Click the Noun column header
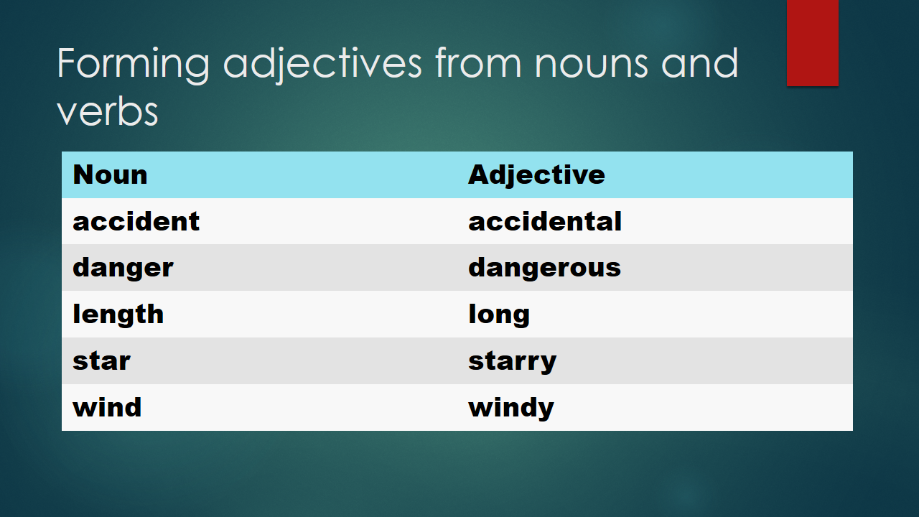(110, 175)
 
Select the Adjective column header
(536, 175)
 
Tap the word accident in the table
(136, 221)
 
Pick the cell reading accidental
(545, 221)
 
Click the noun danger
(123, 268)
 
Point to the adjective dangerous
(544, 268)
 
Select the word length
(118, 315)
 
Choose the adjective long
(499, 315)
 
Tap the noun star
(101, 361)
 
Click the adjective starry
(512, 361)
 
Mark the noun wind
(107, 407)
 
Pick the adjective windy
(511, 408)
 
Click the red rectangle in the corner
(812, 43)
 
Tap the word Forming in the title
(133, 65)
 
